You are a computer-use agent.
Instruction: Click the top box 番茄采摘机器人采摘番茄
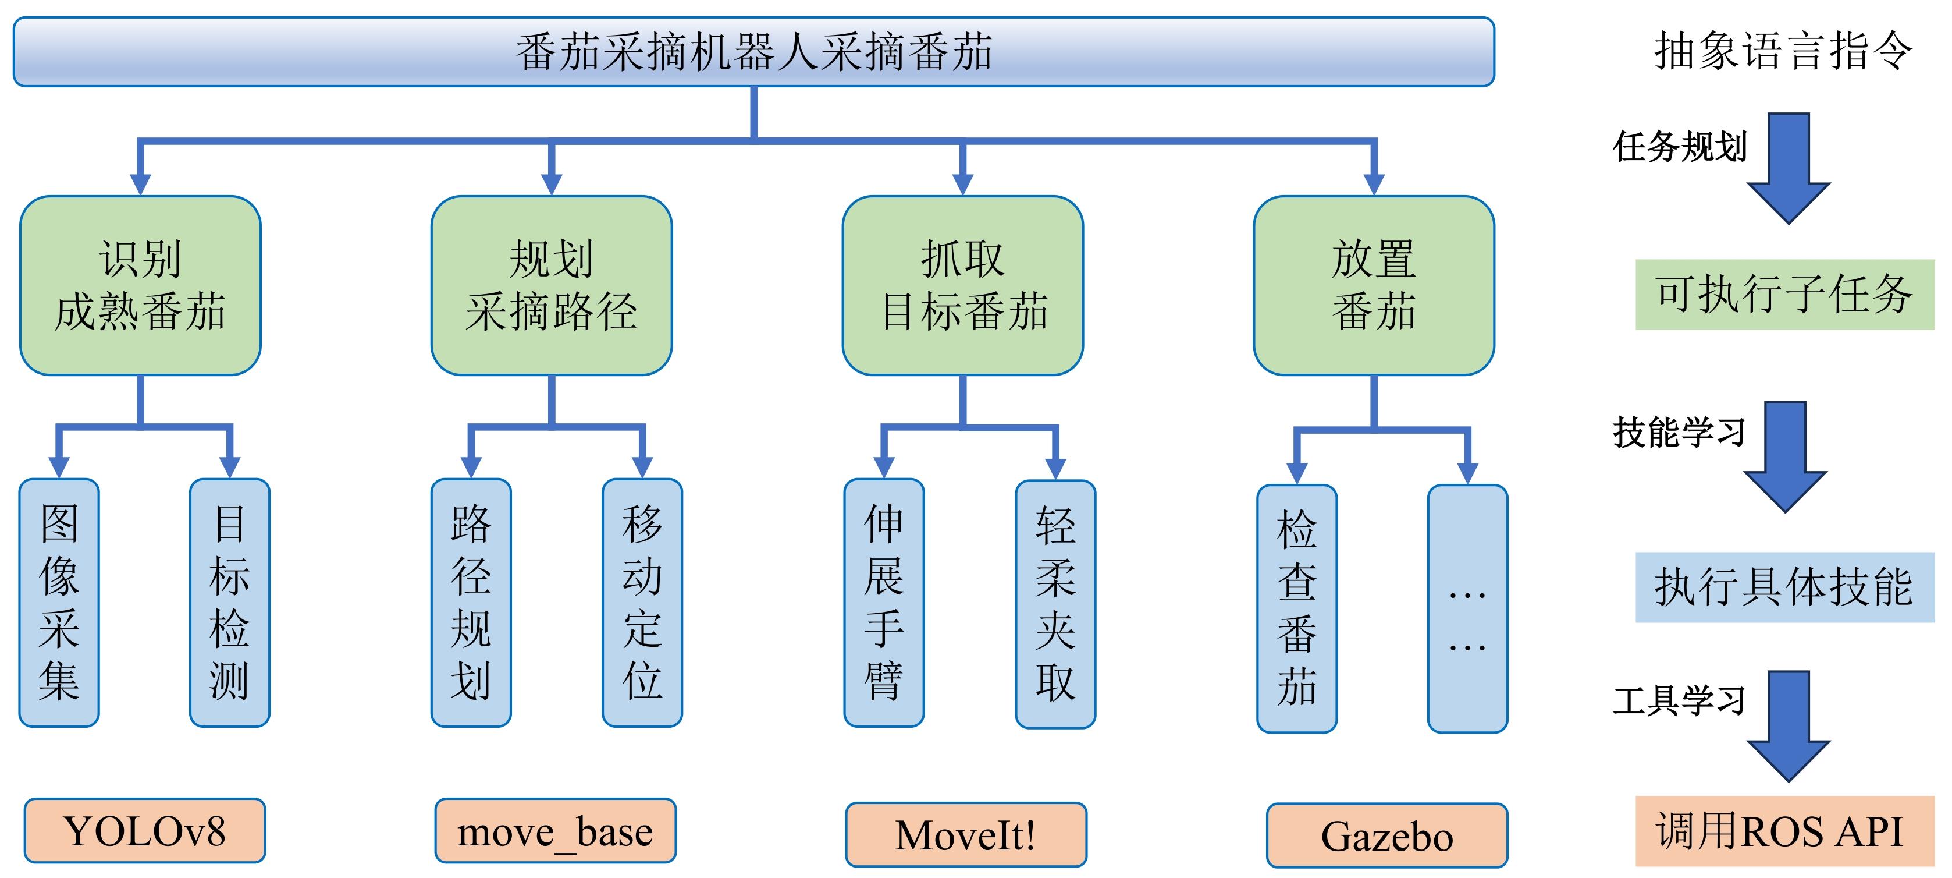coord(753,52)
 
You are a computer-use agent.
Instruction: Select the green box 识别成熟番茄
coord(140,285)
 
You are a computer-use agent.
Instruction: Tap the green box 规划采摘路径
coord(551,285)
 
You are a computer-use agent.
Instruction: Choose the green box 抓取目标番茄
coord(962,285)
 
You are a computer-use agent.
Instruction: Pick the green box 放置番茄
coord(1373,285)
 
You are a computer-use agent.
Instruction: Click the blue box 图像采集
coord(59,602)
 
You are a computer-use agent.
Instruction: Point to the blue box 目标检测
coord(230,602)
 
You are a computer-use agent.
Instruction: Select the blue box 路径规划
coord(471,602)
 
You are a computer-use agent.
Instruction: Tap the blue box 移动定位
coord(642,602)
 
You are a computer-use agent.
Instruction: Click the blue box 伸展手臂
coord(884,602)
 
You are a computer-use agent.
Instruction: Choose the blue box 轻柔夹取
coord(1055,604)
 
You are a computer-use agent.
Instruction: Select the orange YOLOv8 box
coord(145,830)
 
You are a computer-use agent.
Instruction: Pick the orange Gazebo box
coord(1386,835)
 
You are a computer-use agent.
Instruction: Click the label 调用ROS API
coord(1784,830)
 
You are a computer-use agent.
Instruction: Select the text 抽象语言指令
coord(1782,52)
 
